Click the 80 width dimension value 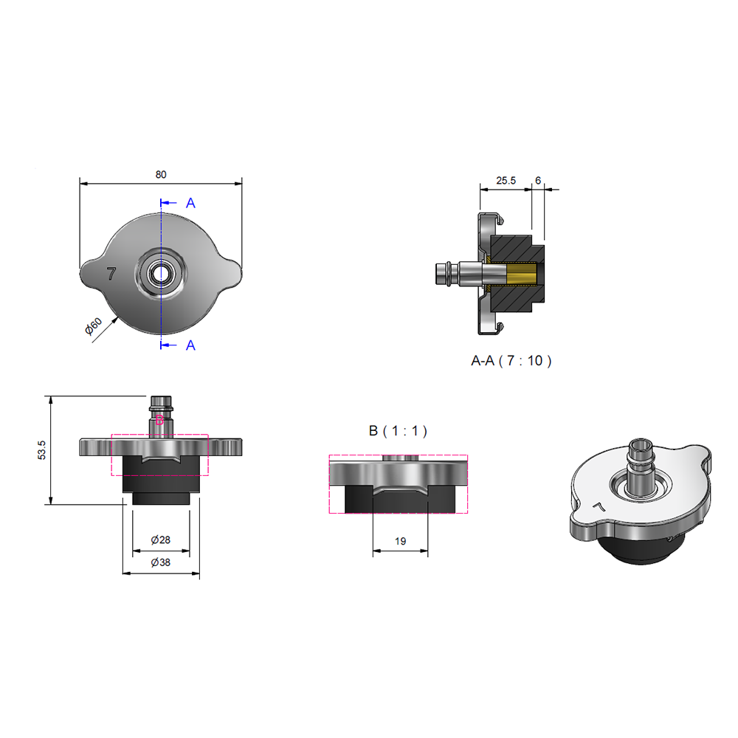click(161, 175)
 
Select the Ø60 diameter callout click(93, 326)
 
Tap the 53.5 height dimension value click(42, 450)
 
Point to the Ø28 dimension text click(160, 540)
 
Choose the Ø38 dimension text click(160, 562)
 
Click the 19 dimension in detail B click(401, 541)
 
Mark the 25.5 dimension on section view click(506, 181)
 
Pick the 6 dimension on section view click(538, 181)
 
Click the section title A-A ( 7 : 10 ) click(511, 361)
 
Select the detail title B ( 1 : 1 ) click(399, 431)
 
